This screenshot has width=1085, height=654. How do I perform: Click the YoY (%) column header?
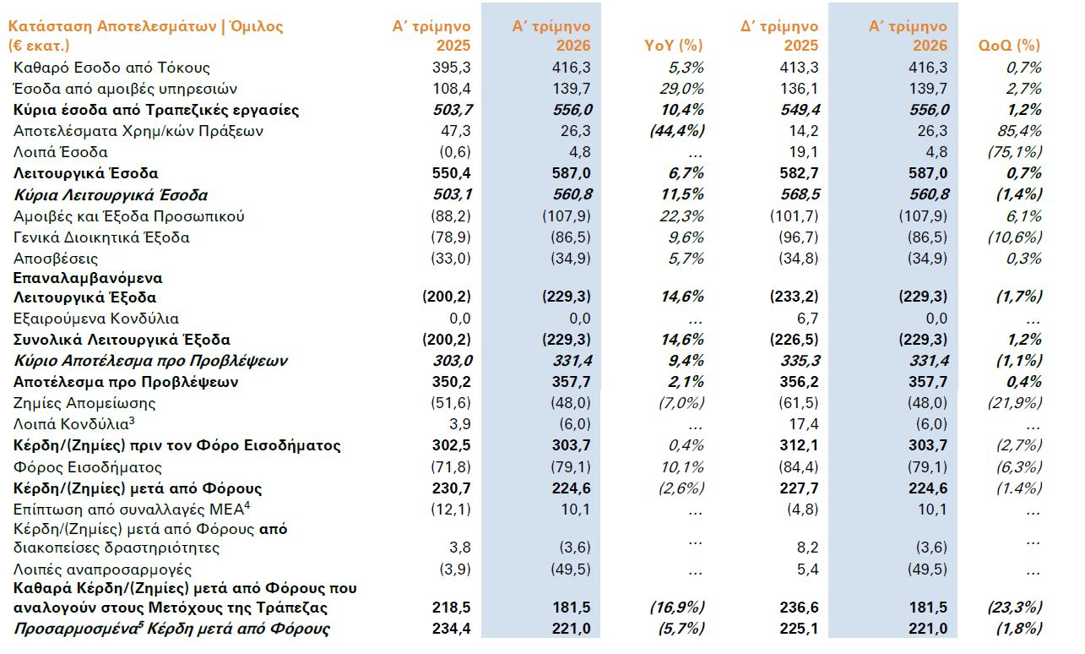coord(673,46)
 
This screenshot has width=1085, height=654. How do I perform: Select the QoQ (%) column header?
coord(1010,46)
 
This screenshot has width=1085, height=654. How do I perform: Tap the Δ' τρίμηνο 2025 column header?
coord(779,35)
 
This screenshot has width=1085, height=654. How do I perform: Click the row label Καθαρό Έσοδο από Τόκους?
coord(112,68)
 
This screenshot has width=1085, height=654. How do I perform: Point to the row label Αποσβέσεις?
coord(55,259)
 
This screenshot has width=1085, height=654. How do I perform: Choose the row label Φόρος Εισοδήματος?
coord(88,467)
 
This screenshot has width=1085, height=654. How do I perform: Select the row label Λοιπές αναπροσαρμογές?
coord(102,570)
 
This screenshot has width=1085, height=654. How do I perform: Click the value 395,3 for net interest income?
coord(452,68)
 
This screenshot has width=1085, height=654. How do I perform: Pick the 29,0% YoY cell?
coord(681,89)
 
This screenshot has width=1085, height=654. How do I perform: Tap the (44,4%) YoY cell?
coord(677,131)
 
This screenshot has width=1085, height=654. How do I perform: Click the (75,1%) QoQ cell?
coord(1015,152)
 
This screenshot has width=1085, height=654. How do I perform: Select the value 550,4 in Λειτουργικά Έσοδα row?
coord(452,173)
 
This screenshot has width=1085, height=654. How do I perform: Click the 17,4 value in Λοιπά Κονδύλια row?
coord(804,424)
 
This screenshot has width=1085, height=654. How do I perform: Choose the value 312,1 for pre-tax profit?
coord(800,445)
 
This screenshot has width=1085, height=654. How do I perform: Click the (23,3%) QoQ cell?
coord(1015,608)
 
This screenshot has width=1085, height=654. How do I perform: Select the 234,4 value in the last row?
coord(452,629)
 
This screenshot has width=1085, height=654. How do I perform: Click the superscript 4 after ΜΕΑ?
coord(247,505)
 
